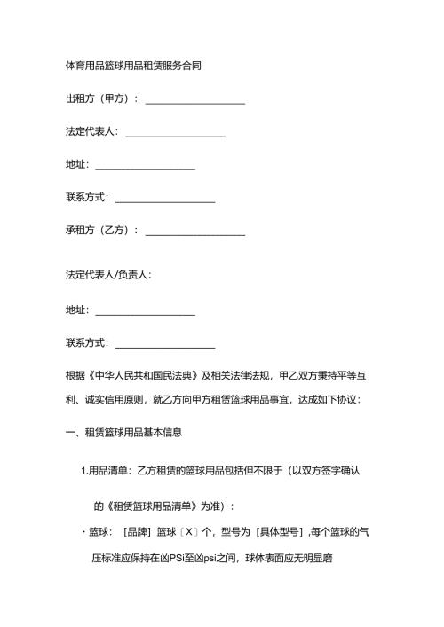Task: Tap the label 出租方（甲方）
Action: point(97,98)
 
